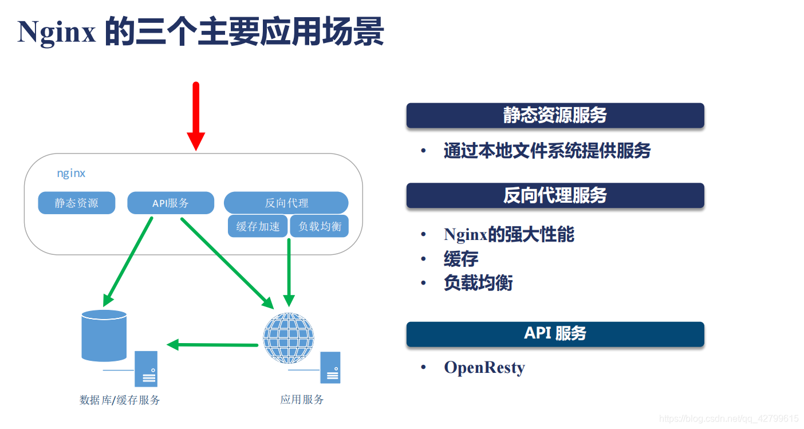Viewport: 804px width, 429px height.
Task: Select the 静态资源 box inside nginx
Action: [x=77, y=203]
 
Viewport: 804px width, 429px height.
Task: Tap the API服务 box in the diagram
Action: [x=171, y=203]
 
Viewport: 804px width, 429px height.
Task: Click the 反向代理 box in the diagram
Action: [x=286, y=203]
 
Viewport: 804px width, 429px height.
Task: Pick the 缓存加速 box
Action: [x=258, y=226]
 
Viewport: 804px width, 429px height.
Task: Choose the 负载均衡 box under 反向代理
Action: [x=320, y=226]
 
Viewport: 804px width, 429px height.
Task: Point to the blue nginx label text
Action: [x=71, y=173]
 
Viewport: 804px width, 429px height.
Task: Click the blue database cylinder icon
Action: [x=104, y=335]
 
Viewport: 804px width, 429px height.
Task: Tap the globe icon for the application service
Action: [x=289, y=338]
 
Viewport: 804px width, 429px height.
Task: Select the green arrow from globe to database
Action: [x=212, y=345]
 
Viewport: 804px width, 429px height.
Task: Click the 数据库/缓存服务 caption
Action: [x=120, y=400]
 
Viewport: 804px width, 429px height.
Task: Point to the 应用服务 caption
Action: [x=302, y=399]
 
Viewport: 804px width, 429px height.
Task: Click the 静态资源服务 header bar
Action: [x=555, y=116]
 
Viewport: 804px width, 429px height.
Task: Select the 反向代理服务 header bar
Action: [x=555, y=196]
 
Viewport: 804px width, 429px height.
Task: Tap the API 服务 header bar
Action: [x=555, y=334]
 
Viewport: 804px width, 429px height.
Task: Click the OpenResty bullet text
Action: [x=484, y=367]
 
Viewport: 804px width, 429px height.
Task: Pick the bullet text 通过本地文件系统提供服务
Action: [x=547, y=151]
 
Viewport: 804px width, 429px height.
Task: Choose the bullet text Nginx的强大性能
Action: [x=509, y=234]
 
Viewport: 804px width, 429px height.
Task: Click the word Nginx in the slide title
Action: [x=57, y=33]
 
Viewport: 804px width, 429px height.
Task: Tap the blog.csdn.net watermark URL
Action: [x=729, y=419]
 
